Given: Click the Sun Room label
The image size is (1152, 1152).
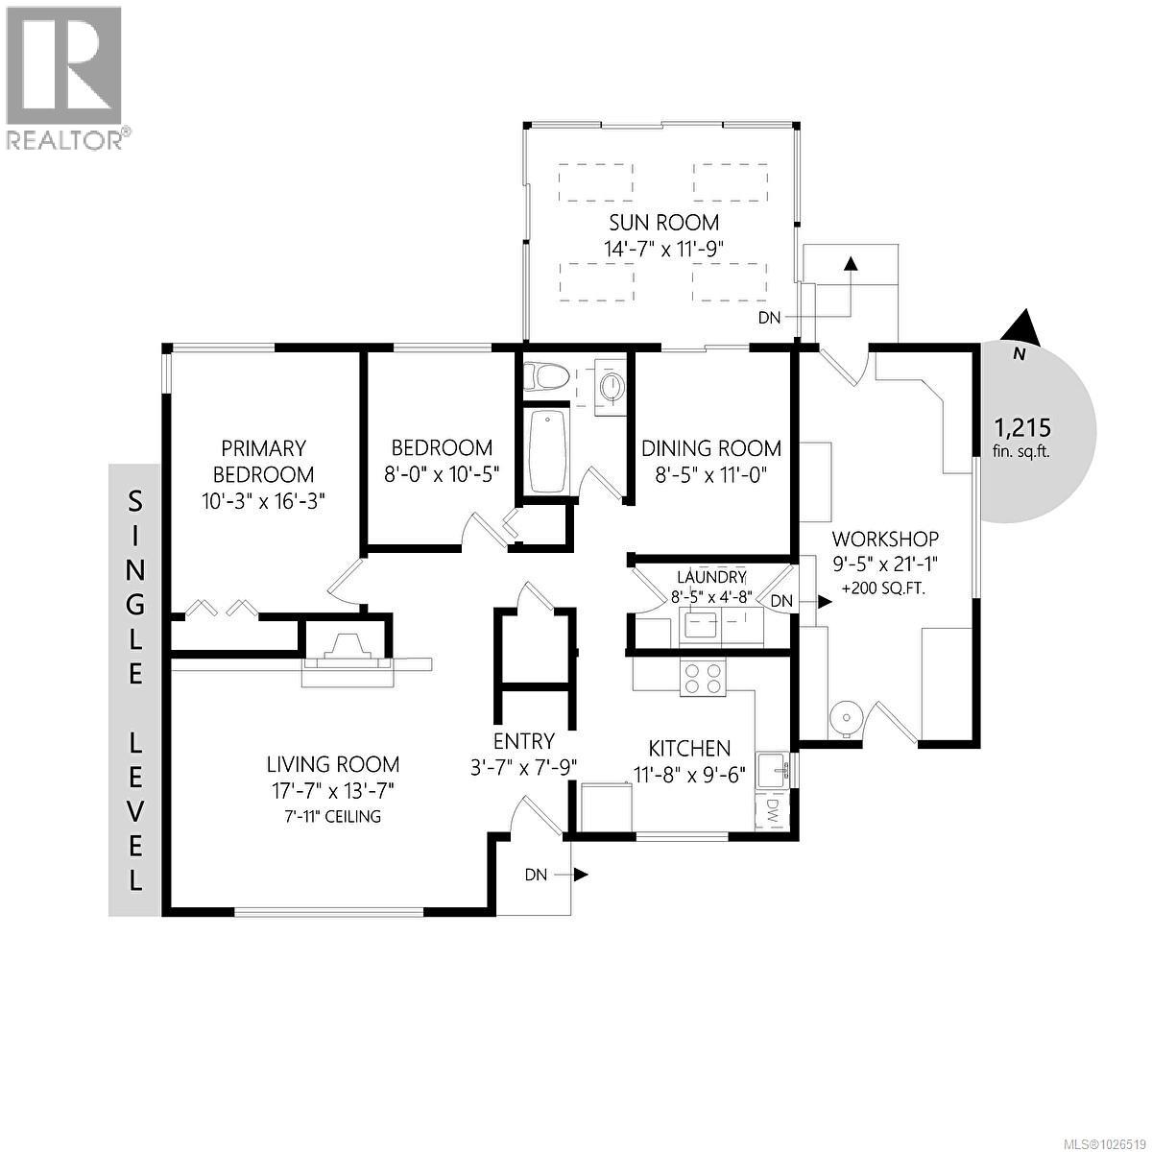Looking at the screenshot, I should tap(663, 223).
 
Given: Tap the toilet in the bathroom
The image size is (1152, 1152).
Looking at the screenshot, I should tap(545, 376).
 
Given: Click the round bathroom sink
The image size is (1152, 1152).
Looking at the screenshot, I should tap(611, 387).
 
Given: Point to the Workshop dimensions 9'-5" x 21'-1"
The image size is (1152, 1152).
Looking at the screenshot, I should tap(885, 564).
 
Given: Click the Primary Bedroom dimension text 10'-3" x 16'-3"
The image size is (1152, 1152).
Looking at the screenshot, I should tap(263, 499).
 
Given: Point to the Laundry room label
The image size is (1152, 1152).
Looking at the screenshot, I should tap(711, 577).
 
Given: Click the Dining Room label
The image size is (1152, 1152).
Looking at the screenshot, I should tap(710, 448).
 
